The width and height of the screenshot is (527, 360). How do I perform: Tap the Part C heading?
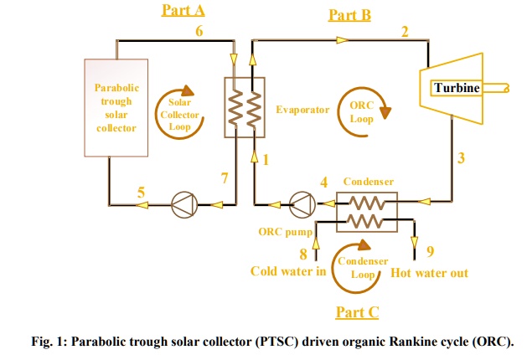[357, 311]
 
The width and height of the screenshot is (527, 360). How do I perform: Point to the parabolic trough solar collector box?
[117, 106]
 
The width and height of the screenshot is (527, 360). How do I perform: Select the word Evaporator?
[302, 110]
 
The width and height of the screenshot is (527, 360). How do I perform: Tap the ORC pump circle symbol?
[299, 202]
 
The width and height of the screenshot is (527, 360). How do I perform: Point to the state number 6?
[199, 31]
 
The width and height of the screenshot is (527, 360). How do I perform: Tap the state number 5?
[141, 193]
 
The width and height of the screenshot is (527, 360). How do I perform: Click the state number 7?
[223, 177]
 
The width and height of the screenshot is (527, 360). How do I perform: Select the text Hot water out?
[429, 272]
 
